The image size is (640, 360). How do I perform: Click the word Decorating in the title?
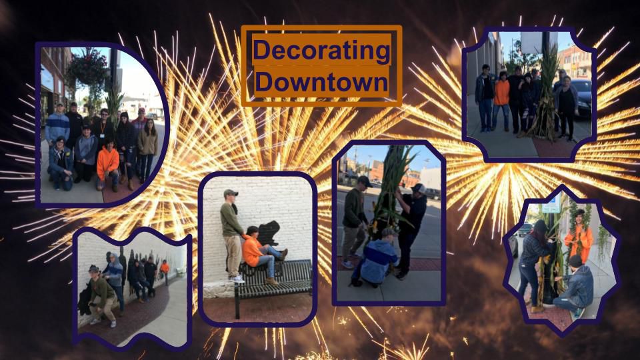(321, 50)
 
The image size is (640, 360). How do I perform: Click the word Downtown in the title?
(321, 81)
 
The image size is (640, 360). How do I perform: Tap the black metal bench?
(273, 284)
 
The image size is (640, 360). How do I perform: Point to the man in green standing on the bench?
(232, 235)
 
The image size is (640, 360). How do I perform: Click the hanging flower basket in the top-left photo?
(87, 67)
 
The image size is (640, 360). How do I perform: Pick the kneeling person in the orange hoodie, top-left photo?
(108, 164)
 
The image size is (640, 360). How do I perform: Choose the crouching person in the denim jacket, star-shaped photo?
(573, 286)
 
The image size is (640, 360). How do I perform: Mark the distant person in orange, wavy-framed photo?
(165, 271)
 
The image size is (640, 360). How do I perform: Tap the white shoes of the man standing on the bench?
(237, 279)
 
